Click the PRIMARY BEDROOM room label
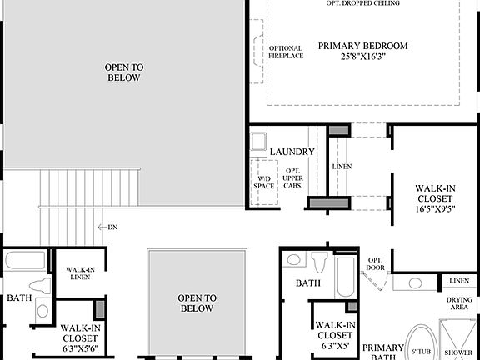point(362,46)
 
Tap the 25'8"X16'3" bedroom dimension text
point(362,57)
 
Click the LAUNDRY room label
point(292,152)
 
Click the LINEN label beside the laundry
point(342,167)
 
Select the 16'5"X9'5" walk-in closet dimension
point(435,210)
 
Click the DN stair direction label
point(112,227)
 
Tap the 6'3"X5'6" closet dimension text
point(82,348)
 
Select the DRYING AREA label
point(459,304)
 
